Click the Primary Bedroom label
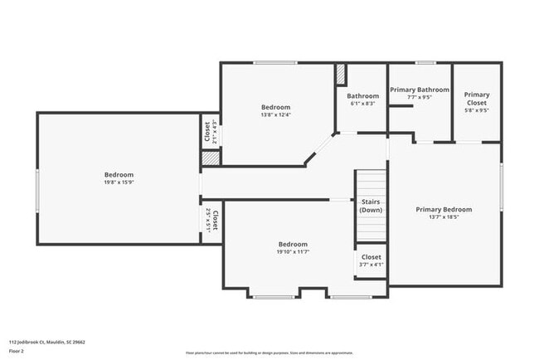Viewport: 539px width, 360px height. tap(444, 210)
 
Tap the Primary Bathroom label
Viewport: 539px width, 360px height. tap(420, 90)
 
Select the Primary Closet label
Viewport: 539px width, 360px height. tap(477, 99)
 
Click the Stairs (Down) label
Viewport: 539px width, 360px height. tap(371, 206)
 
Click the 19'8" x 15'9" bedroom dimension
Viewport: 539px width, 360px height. tap(119, 183)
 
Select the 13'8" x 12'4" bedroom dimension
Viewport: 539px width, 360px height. tap(276, 115)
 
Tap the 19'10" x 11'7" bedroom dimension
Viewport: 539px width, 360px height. tap(293, 252)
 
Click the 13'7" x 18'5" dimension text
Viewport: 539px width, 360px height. tap(444, 218)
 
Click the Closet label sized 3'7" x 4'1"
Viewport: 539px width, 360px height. tap(371, 261)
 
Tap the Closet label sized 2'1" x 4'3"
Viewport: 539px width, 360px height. tap(210, 133)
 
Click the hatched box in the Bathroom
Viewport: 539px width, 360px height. tap(340, 73)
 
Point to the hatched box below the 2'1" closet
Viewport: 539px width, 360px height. tap(211, 157)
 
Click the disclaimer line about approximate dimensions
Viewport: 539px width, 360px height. tap(269, 352)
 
